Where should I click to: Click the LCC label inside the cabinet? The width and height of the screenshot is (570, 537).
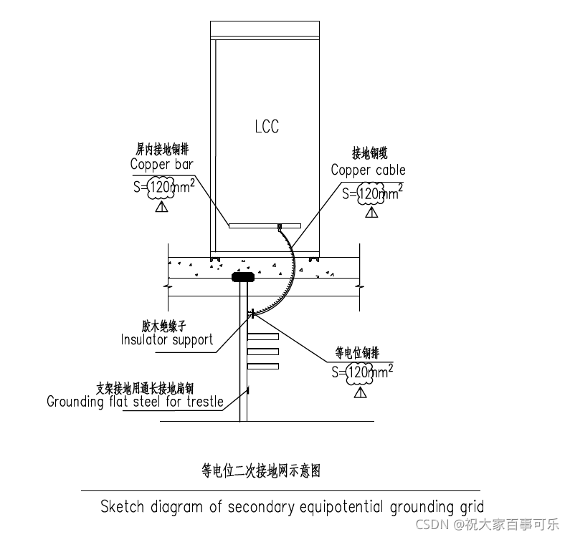267,127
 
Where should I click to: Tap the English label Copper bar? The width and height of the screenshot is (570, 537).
161,164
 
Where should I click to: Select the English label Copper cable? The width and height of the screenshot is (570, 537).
368,170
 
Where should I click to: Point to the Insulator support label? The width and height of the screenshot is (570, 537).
167,339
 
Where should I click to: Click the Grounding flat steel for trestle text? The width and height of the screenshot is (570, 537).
135,402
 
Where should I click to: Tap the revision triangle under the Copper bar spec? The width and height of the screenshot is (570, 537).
161,207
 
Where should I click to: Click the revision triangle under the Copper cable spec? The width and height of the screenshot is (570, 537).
371,212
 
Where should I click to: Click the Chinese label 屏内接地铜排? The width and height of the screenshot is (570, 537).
163,150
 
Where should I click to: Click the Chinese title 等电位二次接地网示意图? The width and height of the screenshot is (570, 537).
260,470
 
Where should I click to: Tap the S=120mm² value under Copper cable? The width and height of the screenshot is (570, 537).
371,193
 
